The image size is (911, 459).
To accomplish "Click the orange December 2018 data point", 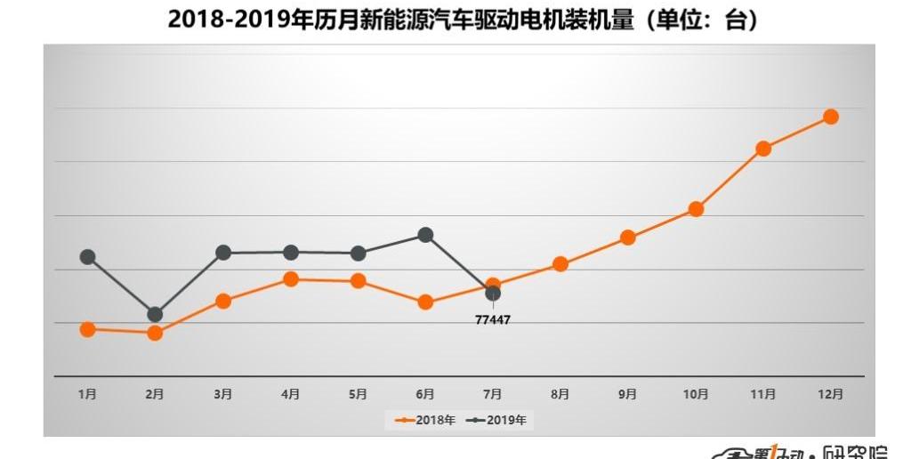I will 831,117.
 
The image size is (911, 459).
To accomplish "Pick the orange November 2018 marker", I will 762,149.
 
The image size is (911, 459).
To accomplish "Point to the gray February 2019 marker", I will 155,314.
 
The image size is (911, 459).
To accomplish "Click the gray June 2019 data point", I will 425,235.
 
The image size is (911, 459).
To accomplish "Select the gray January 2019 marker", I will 87,257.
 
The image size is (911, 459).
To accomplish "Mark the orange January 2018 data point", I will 87,329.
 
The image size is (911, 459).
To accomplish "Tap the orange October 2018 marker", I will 696,209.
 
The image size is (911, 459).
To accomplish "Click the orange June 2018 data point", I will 425,302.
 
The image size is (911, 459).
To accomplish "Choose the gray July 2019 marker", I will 493,294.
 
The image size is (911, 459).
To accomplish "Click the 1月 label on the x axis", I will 87,394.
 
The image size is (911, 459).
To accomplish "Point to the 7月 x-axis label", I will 493,394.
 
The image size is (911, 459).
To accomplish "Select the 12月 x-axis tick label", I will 831,394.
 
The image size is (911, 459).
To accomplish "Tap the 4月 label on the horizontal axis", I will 290,394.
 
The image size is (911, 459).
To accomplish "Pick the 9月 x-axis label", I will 628,394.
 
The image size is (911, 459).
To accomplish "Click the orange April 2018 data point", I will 290,279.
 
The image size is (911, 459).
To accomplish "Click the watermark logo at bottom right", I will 810,451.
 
